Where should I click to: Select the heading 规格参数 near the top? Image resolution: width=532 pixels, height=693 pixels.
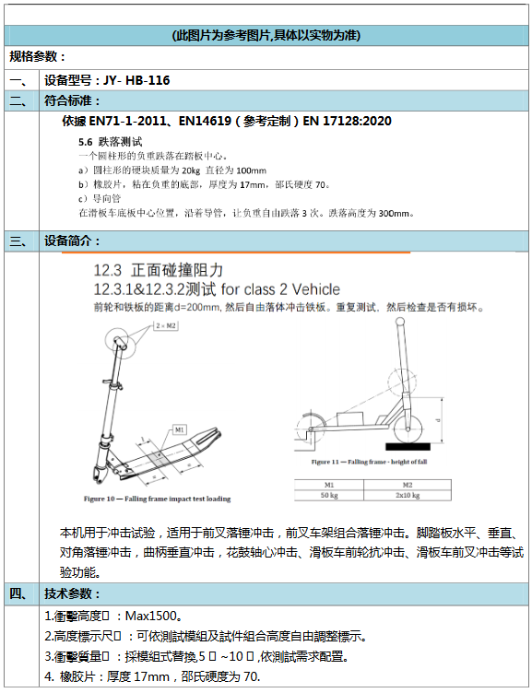[x=37, y=57]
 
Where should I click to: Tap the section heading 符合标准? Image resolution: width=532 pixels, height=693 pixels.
[x=73, y=100]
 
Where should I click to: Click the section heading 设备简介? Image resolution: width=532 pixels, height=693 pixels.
[x=73, y=241]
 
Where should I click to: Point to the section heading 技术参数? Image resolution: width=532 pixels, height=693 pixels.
[x=73, y=593]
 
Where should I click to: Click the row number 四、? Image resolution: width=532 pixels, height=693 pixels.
[x=20, y=593]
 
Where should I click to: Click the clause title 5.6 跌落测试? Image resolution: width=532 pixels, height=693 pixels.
[x=110, y=142]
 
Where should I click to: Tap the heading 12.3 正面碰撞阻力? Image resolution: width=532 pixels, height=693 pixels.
[x=160, y=270]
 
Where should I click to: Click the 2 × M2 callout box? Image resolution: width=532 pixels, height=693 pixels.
[x=166, y=326]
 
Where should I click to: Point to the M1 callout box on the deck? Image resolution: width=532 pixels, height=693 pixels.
[x=179, y=429]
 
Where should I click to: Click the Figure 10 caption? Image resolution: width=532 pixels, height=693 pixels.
[x=157, y=498]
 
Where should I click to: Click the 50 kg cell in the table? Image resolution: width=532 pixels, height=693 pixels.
[x=329, y=495]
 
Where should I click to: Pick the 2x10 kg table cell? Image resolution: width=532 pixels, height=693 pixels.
[x=405, y=495]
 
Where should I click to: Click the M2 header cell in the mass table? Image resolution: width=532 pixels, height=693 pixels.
[x=405, y=485]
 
